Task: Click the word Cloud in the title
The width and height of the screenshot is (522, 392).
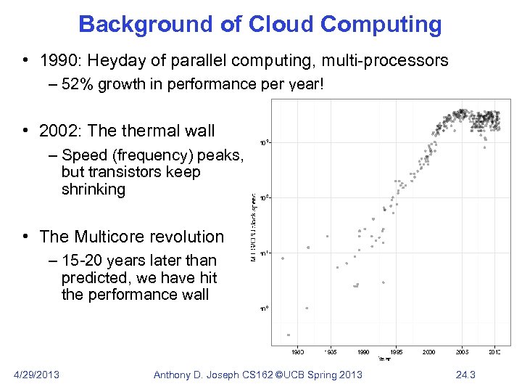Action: [x=278, y=24]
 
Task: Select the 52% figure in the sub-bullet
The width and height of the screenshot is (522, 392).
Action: [x=78, y=85]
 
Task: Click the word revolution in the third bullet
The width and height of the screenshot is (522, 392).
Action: [x=188, y=237]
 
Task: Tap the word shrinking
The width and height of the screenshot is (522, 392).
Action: [x=94, y=189]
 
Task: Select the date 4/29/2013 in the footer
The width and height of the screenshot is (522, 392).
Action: [x=37, y=375]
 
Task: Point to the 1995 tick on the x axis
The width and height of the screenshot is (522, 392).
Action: [x=397, y=352]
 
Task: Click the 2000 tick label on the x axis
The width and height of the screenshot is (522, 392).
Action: [x=429, y=352]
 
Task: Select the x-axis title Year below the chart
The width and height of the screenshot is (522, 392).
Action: [x=383, y=359]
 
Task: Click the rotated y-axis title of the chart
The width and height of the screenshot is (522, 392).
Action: [x=253, y=229]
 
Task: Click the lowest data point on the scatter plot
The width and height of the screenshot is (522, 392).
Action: [x=289, y=335]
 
